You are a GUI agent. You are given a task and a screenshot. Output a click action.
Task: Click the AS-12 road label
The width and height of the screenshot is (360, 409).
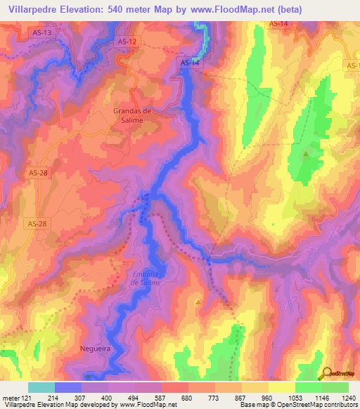127,42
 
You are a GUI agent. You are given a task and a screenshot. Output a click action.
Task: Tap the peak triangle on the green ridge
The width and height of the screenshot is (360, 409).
306,153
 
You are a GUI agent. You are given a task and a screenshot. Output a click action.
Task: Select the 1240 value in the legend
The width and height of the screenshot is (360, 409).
348,398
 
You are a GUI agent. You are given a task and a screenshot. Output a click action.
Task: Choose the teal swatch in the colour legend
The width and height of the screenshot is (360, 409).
41,387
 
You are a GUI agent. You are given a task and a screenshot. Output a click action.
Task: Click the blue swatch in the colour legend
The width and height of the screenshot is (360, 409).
68,387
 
